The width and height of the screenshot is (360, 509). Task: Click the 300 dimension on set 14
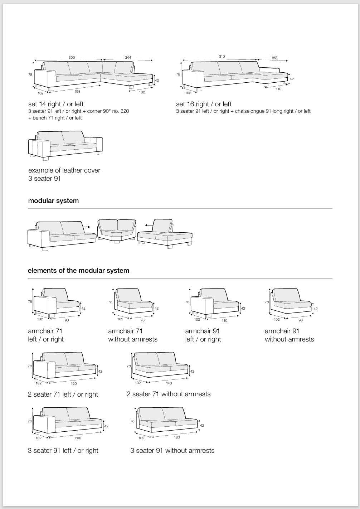[x=72, y=57]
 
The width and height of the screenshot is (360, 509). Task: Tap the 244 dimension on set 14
[x=128, y=57]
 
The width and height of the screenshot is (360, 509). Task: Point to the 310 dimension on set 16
[x=222, y=57]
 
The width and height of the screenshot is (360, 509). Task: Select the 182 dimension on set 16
[x=274, y=58]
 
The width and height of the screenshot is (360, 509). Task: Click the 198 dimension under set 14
[x=78, y=92]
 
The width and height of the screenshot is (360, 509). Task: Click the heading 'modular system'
[x=53, y=201]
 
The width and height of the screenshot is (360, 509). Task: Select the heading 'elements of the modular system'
[x=78, y=271]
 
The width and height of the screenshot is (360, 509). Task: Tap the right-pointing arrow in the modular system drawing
[x=86, y=227]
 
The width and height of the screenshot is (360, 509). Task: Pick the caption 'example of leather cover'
[x=64, y=170]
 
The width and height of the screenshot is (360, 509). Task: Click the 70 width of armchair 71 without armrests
[x=142, y=320]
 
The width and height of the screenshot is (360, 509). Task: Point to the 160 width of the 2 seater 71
[x=74, y=384]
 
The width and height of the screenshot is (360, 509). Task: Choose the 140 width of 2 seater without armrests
[x=169, y=383]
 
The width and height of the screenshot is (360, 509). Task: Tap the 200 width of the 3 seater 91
[x=78, y=438]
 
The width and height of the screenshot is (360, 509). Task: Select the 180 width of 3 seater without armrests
[x=177, y=437]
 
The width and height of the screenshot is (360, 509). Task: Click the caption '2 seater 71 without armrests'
[x=169, y=394]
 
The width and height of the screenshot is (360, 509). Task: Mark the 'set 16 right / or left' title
[x=204, y=104]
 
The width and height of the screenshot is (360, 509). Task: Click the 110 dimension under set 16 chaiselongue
[x=278, y=89]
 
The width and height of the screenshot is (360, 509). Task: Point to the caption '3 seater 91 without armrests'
[x=172, y=451]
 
